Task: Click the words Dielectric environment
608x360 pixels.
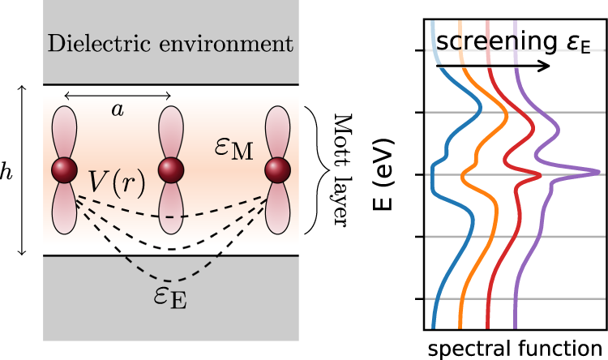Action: click(x=170, y=42)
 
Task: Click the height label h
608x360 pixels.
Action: click(x=10, y=174)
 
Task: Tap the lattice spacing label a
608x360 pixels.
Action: click(x=118, y=112)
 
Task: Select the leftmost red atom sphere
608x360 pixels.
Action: click(x=64, y=171)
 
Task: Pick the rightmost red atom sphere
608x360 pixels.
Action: click(x=278, y=171)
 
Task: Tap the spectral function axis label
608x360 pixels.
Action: click(x=515, y=349)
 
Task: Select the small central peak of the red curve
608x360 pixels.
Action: click(x=538, y=173)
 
